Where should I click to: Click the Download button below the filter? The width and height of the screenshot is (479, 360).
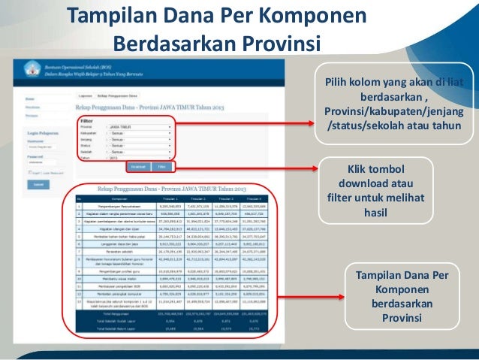137,166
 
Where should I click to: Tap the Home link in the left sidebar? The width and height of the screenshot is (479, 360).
29,98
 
